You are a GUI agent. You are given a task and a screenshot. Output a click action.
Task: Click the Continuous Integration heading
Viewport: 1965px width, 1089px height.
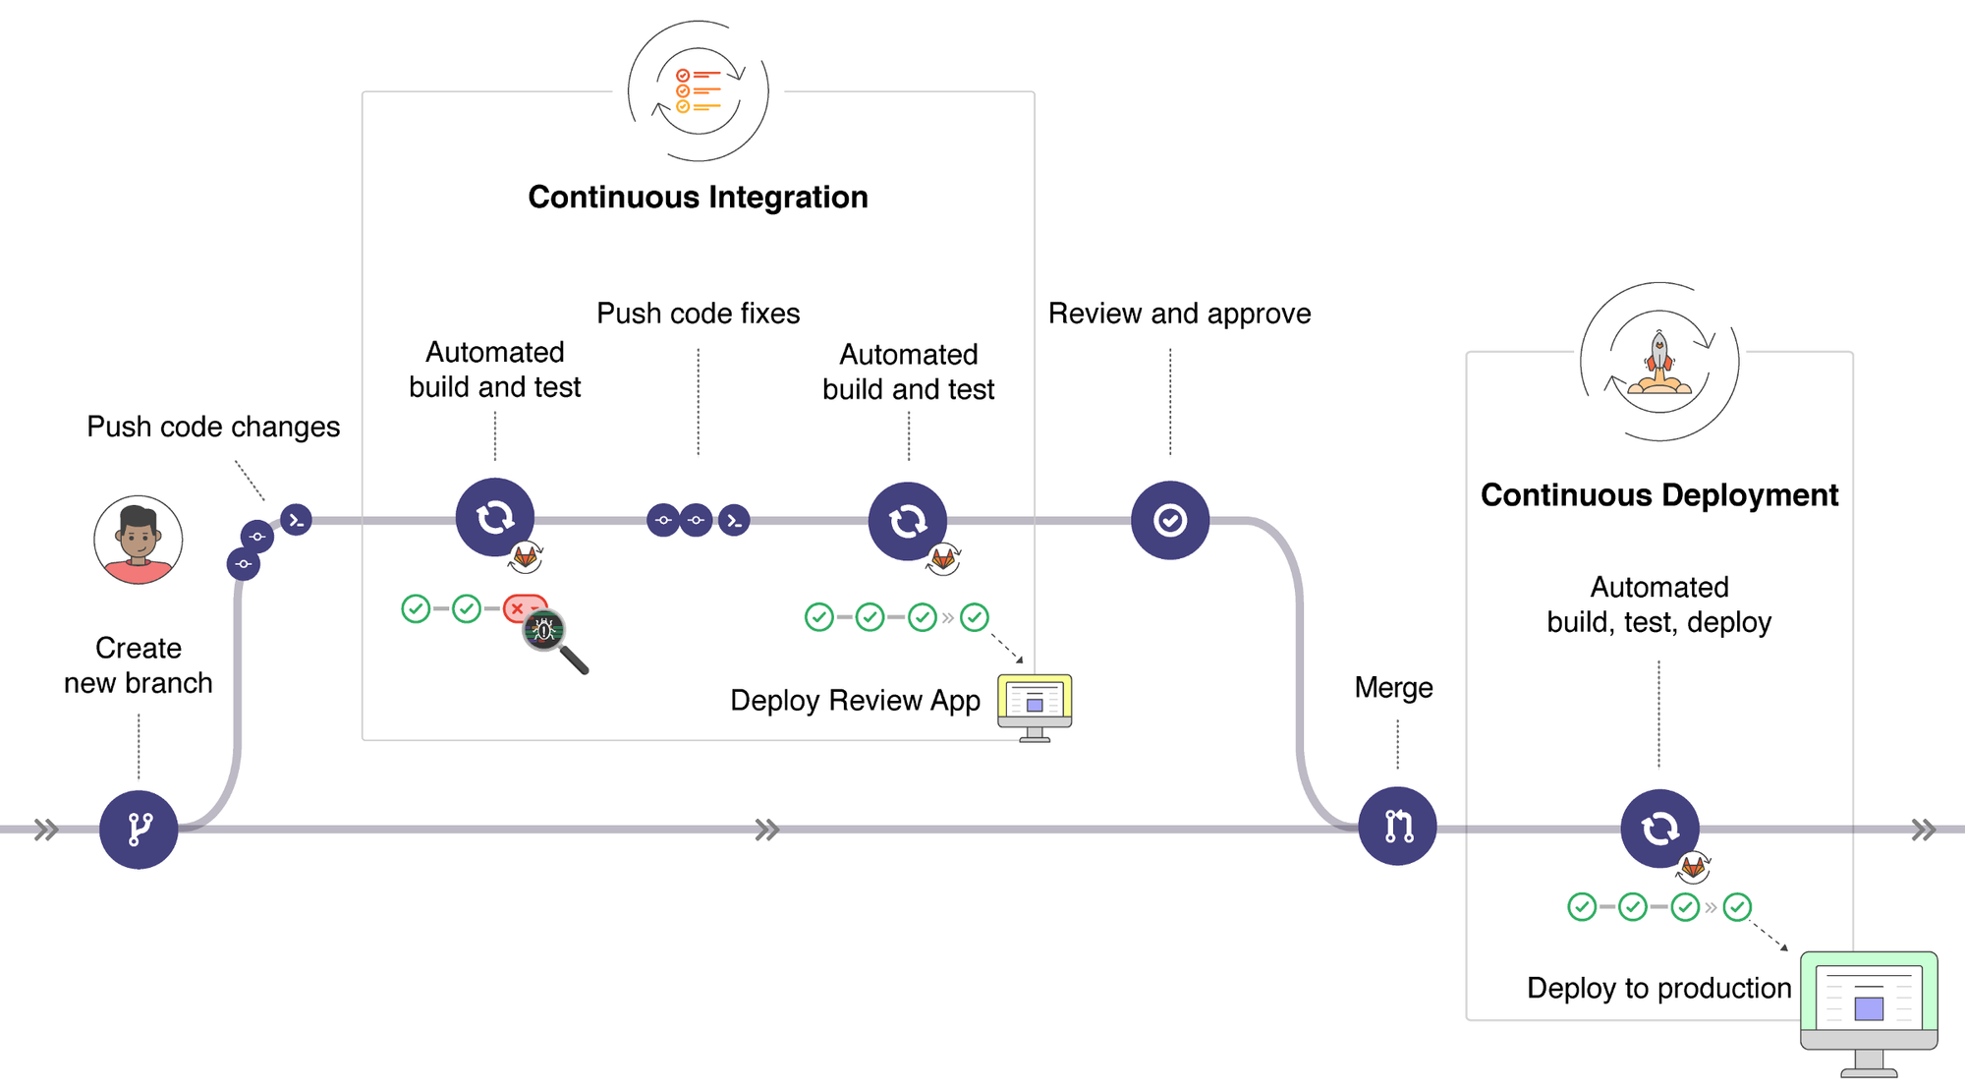click(x=698, y=197)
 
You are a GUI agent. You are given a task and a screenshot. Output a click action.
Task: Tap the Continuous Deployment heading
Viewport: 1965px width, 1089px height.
click(x=1658, y=494)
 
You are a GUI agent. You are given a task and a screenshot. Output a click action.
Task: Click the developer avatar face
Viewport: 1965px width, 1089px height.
click(x=139, y=539)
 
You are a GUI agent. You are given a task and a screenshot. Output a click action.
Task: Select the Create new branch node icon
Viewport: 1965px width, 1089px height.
click(x=139, y=829)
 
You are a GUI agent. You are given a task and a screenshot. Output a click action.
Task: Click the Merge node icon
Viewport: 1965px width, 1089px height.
click(x=1397, y=826)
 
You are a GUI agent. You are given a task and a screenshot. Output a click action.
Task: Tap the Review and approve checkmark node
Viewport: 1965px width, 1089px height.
click(x=1169, y=520)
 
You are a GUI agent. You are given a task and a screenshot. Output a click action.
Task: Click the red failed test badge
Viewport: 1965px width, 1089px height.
click(x=521, y=607)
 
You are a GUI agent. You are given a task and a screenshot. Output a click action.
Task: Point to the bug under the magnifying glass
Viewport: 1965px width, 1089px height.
click(x=544, y=630)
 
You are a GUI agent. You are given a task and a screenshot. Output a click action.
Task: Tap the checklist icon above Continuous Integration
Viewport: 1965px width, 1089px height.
click(x=698, y=90)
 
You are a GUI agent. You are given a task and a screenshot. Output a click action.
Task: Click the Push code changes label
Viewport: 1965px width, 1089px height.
click(x=213, y=427)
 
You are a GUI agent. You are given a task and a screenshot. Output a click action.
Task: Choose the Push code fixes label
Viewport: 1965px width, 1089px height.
click(x=698, y=314)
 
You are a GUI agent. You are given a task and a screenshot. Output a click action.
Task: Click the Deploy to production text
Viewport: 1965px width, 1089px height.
click(x=1658, y=988)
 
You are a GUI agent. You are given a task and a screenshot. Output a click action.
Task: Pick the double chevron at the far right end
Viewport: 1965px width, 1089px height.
click(x=1924, y=830)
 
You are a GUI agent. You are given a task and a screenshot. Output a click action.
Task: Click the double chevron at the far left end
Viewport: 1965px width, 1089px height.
click(x=46, y=830)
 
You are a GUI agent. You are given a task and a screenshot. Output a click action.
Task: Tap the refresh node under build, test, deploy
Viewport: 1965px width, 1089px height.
click(x=1659, y=828)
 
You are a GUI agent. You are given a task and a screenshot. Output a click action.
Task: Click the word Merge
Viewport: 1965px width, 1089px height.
click(x=1393, y=687)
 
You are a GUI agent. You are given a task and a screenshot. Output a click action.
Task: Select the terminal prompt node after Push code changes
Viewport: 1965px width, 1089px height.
click(x=296, y=519)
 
